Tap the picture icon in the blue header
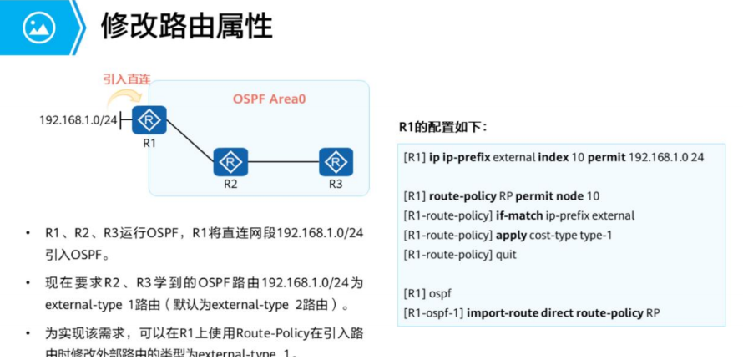(x=38, y=28)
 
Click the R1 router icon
(x=150, y=121)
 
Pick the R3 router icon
(x=336, y=161)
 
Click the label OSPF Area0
(x=269, y=99)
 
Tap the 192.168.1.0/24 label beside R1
(x=78, y=121)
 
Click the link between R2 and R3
(x=282, y=161)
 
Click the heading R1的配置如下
(x=443, y=128)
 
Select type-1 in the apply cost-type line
(x=594, y=235)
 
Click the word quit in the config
(x=506, y=254)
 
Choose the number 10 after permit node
(x=593, y=196)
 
